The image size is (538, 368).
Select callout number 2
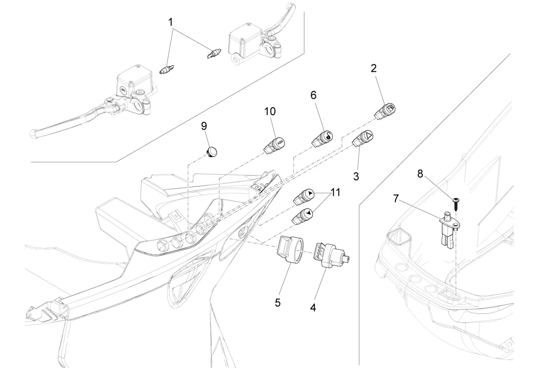[374, 68]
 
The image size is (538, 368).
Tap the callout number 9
[204, 126]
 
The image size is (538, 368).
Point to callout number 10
[270, 112]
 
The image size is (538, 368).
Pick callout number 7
[396, 198]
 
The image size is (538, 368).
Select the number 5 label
[278, 303]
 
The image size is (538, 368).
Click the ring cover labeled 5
[290, 251]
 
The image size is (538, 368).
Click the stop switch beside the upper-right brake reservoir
[213, 53]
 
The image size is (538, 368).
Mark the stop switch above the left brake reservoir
[167, 70]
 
